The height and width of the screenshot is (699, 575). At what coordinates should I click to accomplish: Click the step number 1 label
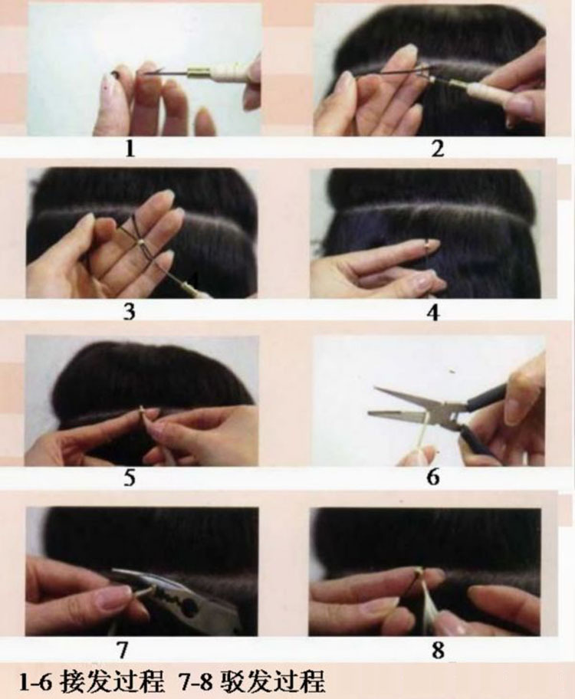click(130, 149)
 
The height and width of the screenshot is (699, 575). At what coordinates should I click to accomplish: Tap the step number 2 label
click(438, 149)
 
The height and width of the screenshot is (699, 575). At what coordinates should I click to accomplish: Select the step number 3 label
click(129, 312)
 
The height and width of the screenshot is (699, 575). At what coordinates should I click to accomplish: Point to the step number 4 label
click(433, 313)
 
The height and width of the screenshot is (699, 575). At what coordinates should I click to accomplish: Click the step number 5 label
click(130, 477)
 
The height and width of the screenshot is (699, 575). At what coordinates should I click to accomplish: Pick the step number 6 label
click(433, 477)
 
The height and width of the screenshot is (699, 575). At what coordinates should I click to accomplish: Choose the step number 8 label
click(438, 651)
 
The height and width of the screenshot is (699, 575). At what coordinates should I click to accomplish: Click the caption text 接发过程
click(112, 681)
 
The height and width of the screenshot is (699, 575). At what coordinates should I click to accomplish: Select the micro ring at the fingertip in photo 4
click(429, 244)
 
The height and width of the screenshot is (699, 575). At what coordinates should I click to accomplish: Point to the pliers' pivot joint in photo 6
click(454, 415)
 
